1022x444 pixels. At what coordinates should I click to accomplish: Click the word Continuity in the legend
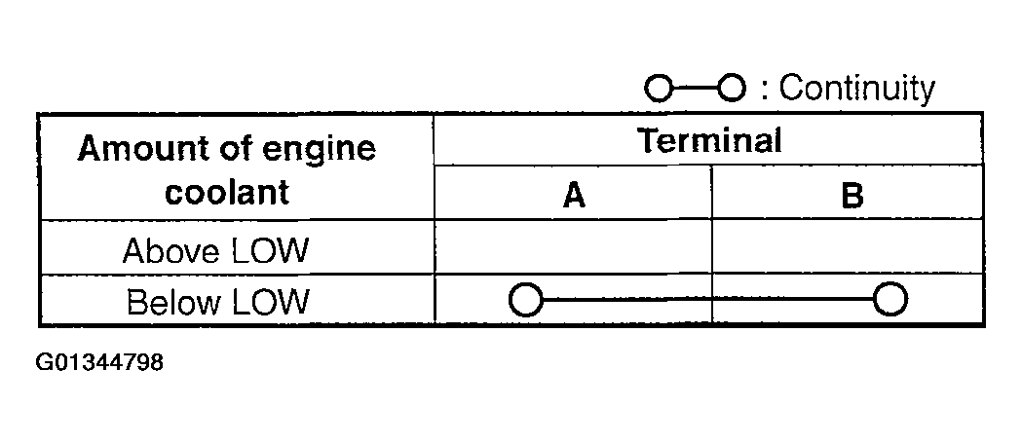coord(857,88)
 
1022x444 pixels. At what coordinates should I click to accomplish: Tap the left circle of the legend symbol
coord(659,88)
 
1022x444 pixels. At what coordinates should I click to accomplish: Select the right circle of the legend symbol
coord(732,88)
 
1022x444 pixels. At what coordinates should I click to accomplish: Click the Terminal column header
coord(709,140)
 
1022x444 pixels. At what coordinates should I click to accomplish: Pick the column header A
coord(574,196)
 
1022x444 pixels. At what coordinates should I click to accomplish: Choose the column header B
coord(852,196)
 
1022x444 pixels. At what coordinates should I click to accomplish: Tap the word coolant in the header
coord(227,192)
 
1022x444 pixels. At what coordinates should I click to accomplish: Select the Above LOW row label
coord(214,250)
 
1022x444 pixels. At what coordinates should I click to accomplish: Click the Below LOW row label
coord(217,302)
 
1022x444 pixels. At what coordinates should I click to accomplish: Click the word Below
coord(170,302)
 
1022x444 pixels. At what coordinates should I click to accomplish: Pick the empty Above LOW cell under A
coord(573,246)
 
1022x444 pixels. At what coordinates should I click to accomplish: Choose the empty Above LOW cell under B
coord(848,246)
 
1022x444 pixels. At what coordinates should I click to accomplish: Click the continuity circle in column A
coord(525,300)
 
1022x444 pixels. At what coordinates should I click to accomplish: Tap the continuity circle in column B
coord(890,300)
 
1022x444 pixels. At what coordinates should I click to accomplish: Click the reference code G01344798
coord(99,362)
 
